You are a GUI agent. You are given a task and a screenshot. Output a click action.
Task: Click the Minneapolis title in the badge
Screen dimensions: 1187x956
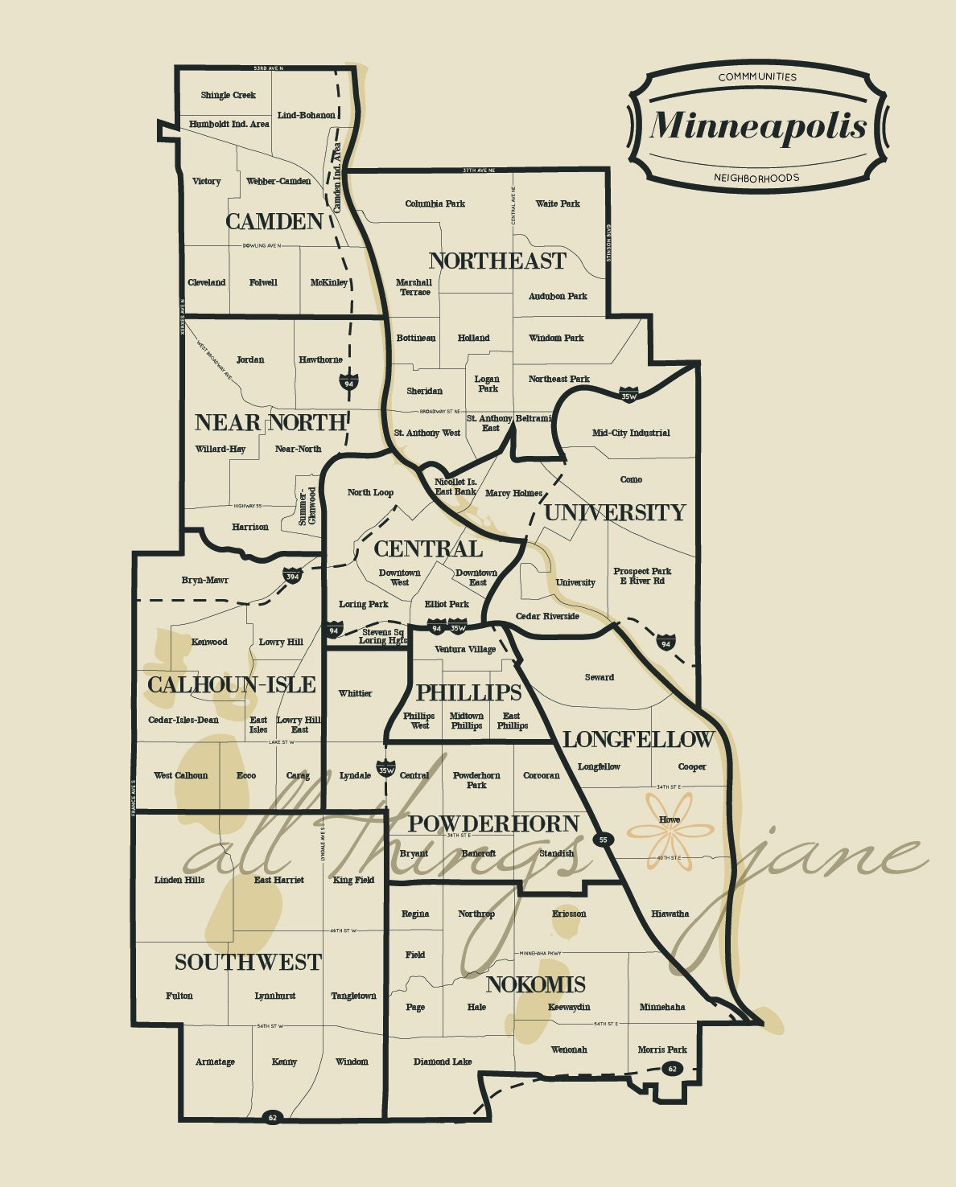(758, 125)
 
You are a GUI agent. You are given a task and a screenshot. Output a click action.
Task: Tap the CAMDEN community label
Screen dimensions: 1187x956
(274, 222)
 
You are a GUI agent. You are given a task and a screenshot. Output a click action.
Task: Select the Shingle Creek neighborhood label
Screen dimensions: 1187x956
(228, 95)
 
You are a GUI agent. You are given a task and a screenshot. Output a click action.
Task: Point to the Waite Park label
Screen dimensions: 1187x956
(558, 203)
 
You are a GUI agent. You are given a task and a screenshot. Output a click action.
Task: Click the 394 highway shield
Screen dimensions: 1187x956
(292, 576)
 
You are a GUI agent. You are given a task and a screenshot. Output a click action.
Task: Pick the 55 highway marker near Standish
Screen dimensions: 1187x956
(604, 840)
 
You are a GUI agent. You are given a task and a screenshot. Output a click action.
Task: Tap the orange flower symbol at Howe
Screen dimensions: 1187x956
(670, 831)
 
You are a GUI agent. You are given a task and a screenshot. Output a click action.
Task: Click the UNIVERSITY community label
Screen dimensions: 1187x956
(615, 513)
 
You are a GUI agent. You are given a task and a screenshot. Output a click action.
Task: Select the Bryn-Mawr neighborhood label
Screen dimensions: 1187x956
(205, 580)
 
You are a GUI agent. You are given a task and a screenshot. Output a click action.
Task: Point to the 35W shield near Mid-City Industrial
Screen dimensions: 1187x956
(629, 395)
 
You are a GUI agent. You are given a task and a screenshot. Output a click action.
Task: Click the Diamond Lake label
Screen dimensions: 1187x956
(443, 1062)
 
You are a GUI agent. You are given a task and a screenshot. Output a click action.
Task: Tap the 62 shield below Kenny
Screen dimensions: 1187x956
(272, 1117)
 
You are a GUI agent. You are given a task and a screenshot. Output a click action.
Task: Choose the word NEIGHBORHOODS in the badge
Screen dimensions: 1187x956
(756, 178)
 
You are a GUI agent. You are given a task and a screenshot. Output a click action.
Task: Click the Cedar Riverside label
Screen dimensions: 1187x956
(547, 616)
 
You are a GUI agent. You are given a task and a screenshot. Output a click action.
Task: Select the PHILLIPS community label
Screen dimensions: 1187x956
(468, 692)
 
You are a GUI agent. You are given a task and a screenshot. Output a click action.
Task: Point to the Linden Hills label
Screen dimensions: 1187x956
(179, 880)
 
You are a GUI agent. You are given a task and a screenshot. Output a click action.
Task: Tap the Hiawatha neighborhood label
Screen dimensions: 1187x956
(670, 914)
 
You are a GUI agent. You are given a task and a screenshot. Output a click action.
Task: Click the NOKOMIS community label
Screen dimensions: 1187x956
(535, 984)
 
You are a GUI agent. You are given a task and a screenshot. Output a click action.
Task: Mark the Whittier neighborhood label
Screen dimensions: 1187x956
(355, 693)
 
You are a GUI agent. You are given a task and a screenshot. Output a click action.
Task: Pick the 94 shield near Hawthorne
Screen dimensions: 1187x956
(348, 382)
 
